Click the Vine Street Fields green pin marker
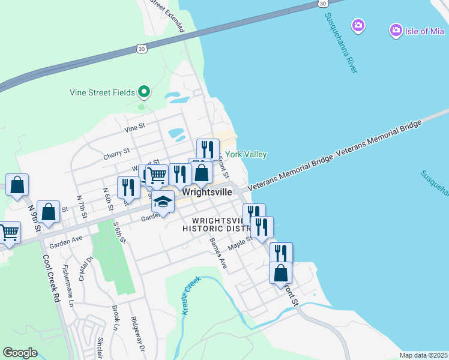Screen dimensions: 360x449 coord(143,92)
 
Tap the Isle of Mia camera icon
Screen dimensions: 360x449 coord(396,29)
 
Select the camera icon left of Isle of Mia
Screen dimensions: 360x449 coord(358,25)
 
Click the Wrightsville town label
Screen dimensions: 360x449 coord(206,193)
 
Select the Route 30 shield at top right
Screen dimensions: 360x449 coord(324,4)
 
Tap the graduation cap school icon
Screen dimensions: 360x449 coord(163,202)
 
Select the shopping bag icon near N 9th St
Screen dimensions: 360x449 coord(48,211)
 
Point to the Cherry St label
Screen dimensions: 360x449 coord(116,153)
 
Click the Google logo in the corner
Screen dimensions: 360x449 coord(20,353)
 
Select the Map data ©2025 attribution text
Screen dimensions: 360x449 coord(423,355)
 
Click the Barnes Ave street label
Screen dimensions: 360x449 coord(218,253)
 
